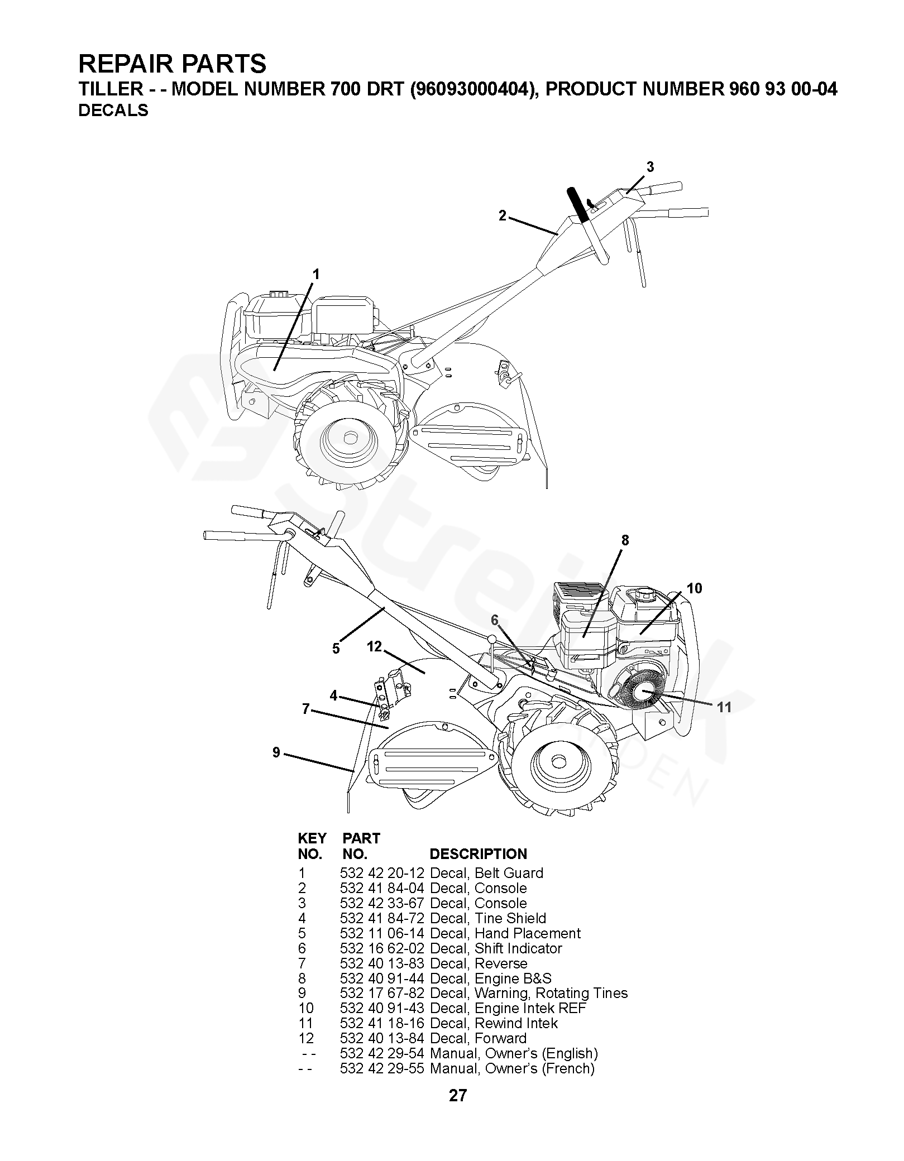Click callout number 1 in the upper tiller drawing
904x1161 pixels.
[316, 274]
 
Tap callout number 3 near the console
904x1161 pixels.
[650, 167]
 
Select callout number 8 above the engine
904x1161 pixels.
[625, 540]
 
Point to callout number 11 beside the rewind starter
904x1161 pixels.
[724, 707]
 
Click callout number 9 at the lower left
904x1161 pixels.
[276, 752]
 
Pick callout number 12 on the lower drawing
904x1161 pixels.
[374, 646]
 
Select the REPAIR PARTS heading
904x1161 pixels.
[173, 64]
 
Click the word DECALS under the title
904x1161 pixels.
[113, 111]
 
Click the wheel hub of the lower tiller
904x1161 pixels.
[557, 762]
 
